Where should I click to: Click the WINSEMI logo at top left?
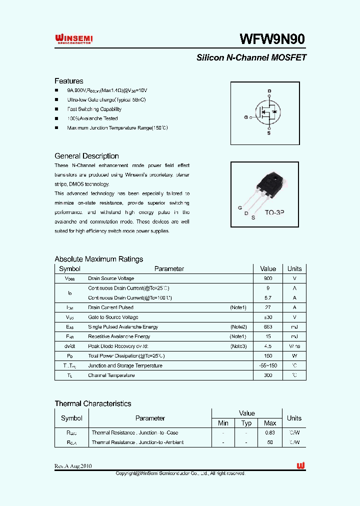coord(73,39)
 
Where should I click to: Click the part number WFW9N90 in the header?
coord(272,39)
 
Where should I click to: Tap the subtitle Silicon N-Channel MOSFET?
coord(251,57)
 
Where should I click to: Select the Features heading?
coord(69,81)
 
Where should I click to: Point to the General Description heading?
coord(86,156)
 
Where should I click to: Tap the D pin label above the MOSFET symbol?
coord(269,91)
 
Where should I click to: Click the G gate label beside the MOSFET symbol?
coord(246,117)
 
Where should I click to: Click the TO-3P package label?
coord(274,212)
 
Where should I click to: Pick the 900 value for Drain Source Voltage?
coord(268,278)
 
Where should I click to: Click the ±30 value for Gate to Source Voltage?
coord(268,317)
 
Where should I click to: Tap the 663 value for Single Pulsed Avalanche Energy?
coord(268,327)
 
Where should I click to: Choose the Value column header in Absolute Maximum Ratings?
coord(268,268)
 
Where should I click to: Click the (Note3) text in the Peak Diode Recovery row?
coord(238,346)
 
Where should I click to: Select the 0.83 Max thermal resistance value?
coord(270,432)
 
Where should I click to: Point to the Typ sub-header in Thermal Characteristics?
coord(246,423)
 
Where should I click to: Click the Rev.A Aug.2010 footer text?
coord(73,466)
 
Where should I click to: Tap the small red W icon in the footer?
coord(300,465)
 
